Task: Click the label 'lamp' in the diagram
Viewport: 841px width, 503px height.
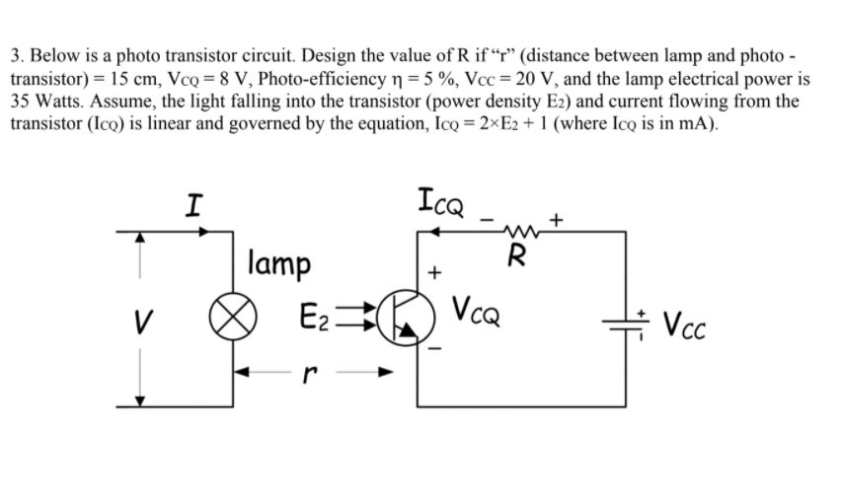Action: click(x=280, y=265)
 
